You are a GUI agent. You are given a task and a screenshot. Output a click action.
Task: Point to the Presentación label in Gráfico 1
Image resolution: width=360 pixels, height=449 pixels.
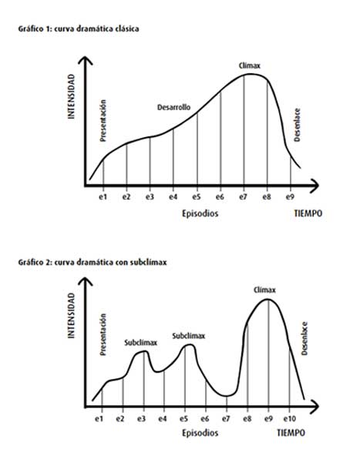tap(103, 119)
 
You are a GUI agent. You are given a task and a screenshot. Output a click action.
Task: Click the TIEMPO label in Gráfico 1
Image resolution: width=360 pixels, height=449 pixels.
tap(309, 214)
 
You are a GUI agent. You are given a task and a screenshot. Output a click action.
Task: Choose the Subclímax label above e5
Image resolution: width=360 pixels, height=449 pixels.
tap(188, 336)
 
